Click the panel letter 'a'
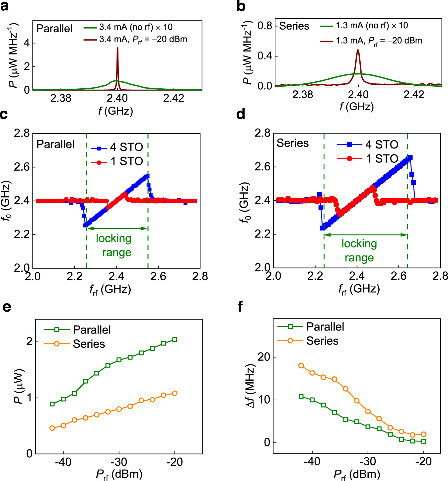pos(5,6)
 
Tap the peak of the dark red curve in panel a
pos(117,48)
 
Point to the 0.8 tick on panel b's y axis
pos(264,26)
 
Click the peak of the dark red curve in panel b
pos(358,50)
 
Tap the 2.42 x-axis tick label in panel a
pos(173,98)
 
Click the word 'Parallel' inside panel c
pos(55,144)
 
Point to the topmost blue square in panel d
pos(410,158)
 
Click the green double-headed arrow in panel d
pos(365,235)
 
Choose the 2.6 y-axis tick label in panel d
pos(262,167)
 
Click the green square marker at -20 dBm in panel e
pos(175,339)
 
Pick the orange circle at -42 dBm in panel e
pos(52,428)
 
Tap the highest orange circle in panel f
pos(301,366)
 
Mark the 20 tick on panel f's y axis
pos(264,357)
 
